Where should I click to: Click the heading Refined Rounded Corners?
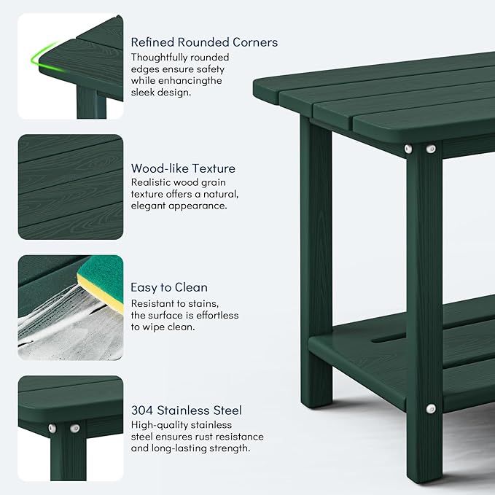204,42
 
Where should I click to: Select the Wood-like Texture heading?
183,168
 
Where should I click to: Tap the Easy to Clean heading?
169,287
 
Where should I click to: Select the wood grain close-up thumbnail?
70,187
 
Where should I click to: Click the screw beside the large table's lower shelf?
431,409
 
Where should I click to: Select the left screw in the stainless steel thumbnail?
53,427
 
